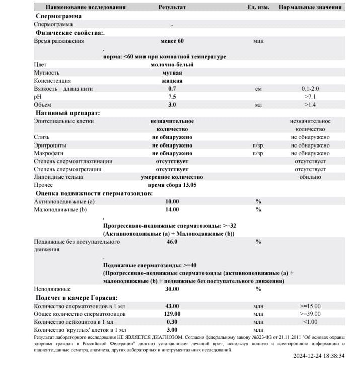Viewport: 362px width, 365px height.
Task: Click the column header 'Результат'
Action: tap(172, 8)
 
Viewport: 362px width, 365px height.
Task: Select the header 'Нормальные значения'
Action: tap(310, 8)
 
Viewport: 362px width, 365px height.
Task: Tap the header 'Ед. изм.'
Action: tap(258, 8)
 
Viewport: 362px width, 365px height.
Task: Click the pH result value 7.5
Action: tap(172, 97)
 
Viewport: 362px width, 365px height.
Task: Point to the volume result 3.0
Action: tap(172, 105)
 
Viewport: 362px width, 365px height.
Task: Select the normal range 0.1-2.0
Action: tap(310, 89)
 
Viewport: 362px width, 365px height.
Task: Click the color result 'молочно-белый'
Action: tap(172, 64)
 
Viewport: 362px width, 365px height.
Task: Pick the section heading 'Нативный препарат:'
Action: tap(67, 113)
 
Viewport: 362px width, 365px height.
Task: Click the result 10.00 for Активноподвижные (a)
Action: tap(172, 201)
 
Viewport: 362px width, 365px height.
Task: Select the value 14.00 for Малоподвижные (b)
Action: tap(172, 209)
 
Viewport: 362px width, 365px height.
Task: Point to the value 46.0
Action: tap(172, 242)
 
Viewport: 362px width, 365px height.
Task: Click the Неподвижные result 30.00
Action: tap(172, 289)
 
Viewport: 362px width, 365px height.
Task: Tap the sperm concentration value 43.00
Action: tap(172, 306)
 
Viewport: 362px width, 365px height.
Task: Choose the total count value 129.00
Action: tap(172, 314)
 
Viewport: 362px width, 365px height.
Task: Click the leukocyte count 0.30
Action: tap(172, 322)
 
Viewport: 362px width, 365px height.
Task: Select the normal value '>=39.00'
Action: tap(310, 314)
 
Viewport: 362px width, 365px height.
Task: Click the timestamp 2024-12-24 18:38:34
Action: tap(319, 356)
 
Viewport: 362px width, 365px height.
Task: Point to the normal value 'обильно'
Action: tap(310, 177)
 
